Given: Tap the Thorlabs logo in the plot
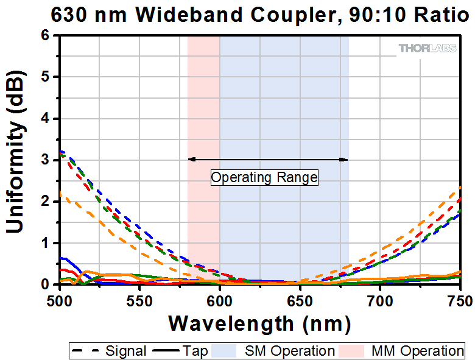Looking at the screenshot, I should pos(427,48).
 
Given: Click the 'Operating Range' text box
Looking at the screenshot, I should pos(264,178).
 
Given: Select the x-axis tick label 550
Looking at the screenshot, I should pos(139,300).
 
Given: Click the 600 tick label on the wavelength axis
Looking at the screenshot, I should pos(220,300).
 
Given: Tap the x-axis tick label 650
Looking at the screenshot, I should pos(300,300).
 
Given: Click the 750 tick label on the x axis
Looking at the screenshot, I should pos(458,300).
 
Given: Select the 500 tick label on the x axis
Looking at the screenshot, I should pos(60,300).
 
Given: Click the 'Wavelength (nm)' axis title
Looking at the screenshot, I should pos(259,323).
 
